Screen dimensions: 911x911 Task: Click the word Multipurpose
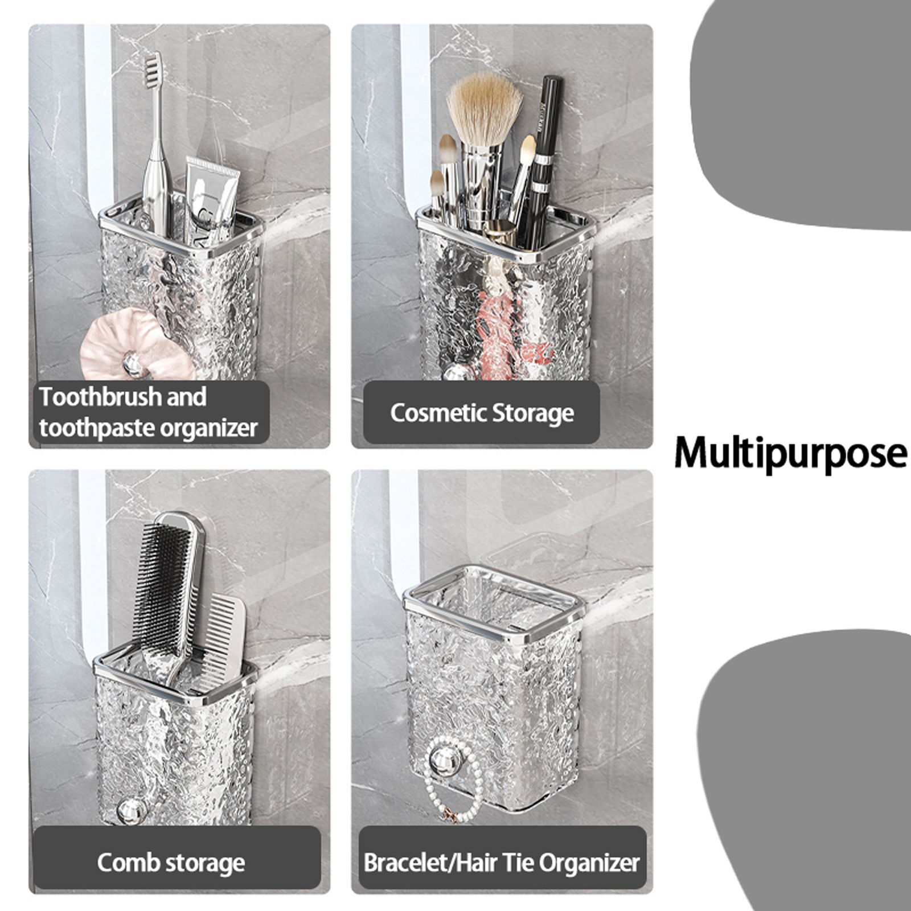[x=791, y=454]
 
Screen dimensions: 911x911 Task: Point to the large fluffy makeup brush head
[x=484, y=109]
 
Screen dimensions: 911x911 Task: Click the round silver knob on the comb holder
[x=130, y=811]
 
